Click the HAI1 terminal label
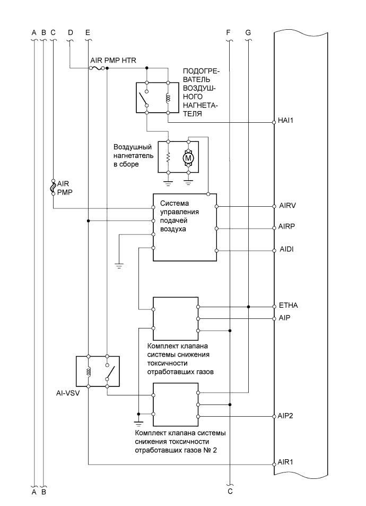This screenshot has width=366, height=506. pos(286,121)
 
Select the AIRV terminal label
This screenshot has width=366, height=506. pos(287,205)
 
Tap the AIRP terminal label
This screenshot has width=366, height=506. pos(287,226)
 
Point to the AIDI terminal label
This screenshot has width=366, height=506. pos(286,249)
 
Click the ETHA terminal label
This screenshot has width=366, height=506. pos(288,306)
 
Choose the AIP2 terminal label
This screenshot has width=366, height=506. pos(287,415)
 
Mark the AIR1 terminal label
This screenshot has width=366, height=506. pos(286,462)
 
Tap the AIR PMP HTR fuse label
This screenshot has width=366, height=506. pos(113,61)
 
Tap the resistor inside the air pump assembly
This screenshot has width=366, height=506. pos(168,157)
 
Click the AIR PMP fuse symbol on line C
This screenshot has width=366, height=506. pos(53,187)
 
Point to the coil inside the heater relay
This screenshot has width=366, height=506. pos(168,98)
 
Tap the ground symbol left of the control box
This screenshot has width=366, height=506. pos(119,264)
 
